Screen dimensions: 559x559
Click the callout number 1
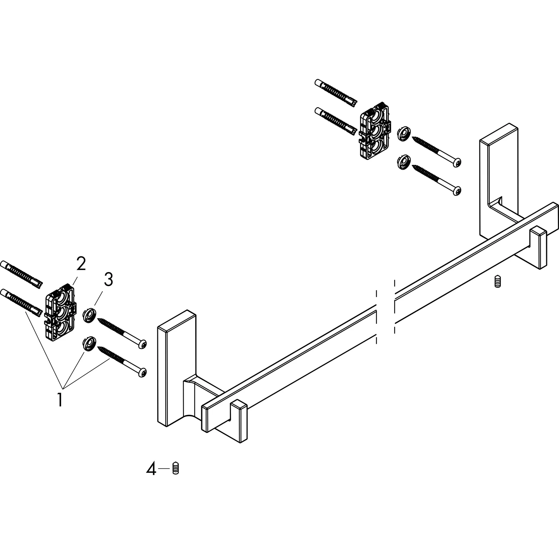pyautogui.click(x=60, y=399)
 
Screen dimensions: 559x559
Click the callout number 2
pyautogui.click(x=81, y=264)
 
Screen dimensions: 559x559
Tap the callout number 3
pyautogui.click(x=108, y=279)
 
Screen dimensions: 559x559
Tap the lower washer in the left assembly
pyautogui.click(x=89, y=343)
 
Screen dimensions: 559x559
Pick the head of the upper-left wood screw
pyautogui.click(x=142, y=344)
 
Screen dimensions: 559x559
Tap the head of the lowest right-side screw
pyautogui.click(x=457, y=191)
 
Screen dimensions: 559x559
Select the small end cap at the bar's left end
pyautogui.click(x=239, y=424)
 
